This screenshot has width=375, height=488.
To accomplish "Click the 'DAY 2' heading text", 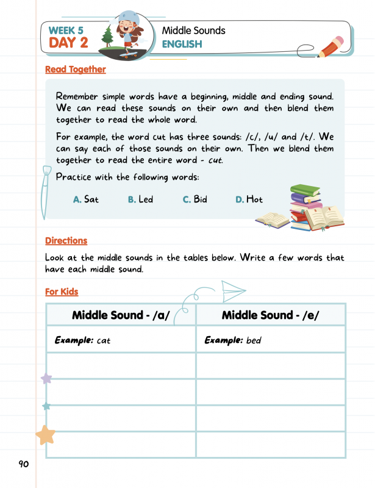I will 68,42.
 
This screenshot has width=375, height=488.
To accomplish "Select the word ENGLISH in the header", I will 182,45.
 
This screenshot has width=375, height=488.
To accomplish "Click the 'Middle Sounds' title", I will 193,30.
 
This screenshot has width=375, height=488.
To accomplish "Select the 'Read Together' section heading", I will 75,70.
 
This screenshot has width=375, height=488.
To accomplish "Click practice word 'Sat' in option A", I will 91,199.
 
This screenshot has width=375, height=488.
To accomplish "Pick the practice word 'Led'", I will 146,199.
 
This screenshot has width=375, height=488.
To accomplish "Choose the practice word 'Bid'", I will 200,199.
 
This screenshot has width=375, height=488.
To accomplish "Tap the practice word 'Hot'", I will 254,199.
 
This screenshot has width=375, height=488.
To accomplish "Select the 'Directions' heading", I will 66,241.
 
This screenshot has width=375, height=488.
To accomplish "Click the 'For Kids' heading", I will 62,292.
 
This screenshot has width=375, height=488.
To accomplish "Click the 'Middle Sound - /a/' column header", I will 120,315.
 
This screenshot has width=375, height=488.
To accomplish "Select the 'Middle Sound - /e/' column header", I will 270,315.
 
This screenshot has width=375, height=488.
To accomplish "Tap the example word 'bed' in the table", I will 253,340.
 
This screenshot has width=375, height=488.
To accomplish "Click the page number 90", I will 23,464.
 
